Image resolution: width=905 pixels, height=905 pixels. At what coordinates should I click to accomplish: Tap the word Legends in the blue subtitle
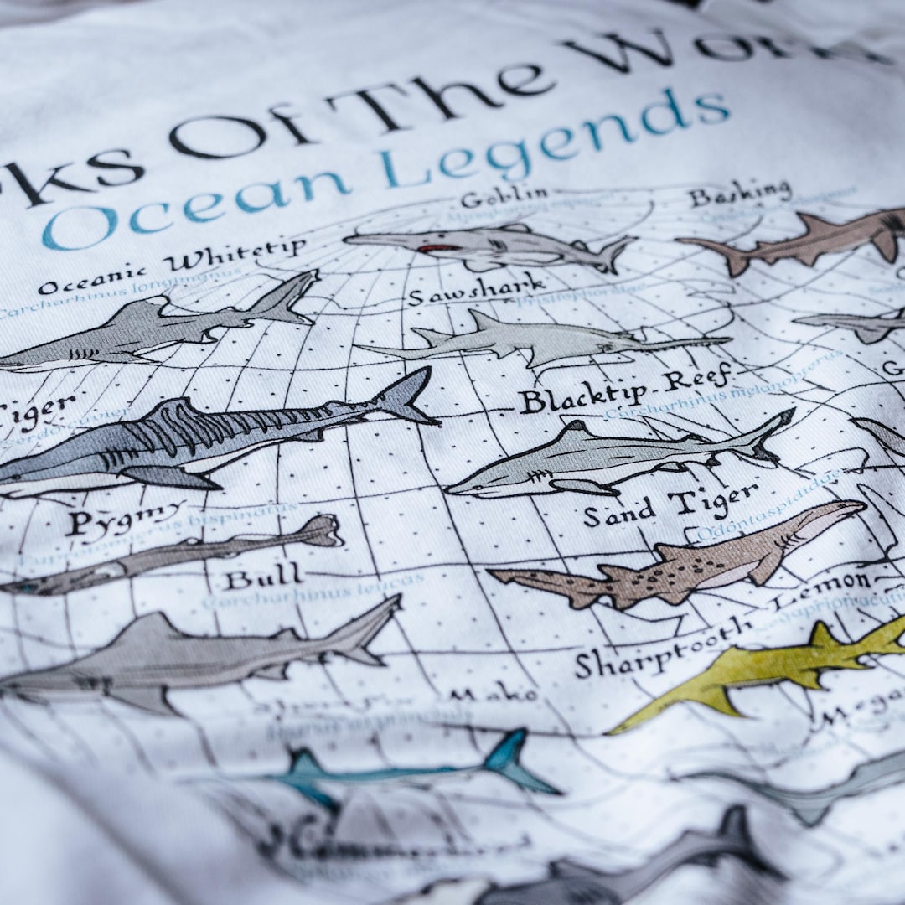[553, 138]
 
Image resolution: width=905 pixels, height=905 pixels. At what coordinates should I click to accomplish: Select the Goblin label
[504, 198]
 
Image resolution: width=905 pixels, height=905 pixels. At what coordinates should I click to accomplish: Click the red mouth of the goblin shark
[437, 248]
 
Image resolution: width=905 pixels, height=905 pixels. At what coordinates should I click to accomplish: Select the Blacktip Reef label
[624, 390]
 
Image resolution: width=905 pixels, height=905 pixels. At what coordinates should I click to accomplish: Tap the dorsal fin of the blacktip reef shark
[575, 432]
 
